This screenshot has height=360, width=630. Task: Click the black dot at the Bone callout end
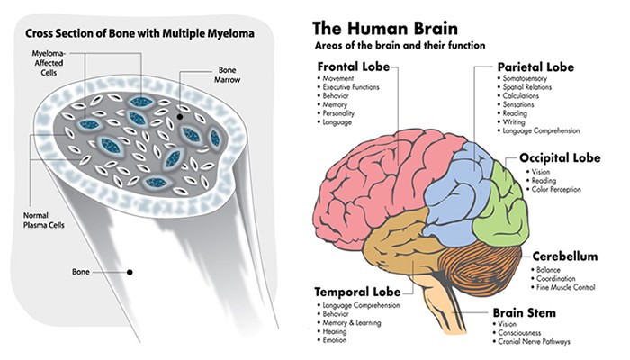coord(130,270)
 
